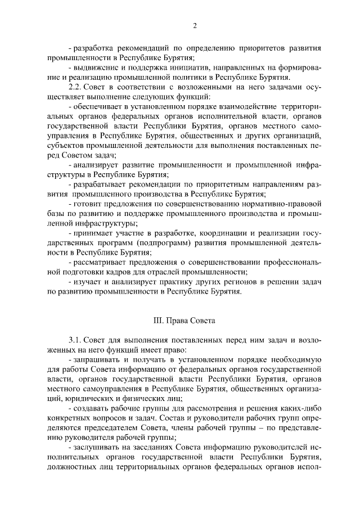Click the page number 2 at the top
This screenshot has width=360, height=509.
[194, 26]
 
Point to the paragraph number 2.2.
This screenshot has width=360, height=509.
[75, 87]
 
